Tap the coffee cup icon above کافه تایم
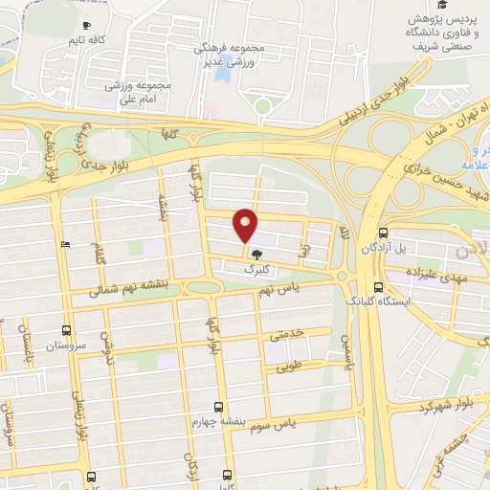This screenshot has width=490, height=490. tap(87, 26)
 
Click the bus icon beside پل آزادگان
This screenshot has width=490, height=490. tap(384, 233)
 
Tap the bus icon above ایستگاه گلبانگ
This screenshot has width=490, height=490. tap(379, 286)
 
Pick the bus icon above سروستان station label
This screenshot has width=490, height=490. tap(67, 325)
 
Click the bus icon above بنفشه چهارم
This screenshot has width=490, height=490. tap(219, 406)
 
